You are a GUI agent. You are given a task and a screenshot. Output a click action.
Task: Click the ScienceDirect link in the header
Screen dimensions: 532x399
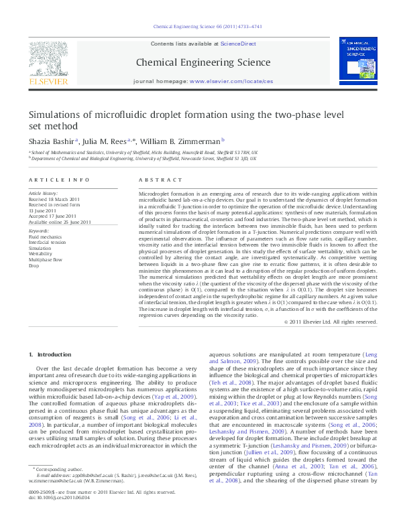[x=239, y=44]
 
